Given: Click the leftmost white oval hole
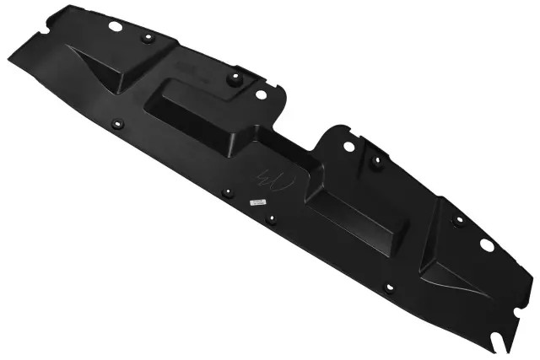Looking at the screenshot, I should pyautogui.click(x=115, y=26).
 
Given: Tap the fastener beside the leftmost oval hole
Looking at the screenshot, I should pyautogui.click(x=146, y=38).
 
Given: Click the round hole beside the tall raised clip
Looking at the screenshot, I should pyautogui.click(x=261, y=94).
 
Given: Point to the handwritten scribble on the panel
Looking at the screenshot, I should pyautogui.click(x=275, y=180).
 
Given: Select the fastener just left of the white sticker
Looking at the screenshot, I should pyautogui.click(x=226, y=193).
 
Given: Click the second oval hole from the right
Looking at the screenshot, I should pyautogui.click(x=348, y=146).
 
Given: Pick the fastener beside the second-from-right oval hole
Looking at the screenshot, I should pyautogui.click(x=376, y=159).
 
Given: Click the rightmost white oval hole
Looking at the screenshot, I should pyautogui.click(x=486, y=244).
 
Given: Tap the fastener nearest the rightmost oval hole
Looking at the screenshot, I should pyautogui.click(x=457, y=221).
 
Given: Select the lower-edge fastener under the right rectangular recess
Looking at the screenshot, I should pyautogui.click(x=388, y=287).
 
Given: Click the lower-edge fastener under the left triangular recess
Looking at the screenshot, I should pyautogui.click(x=117, y=125).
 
